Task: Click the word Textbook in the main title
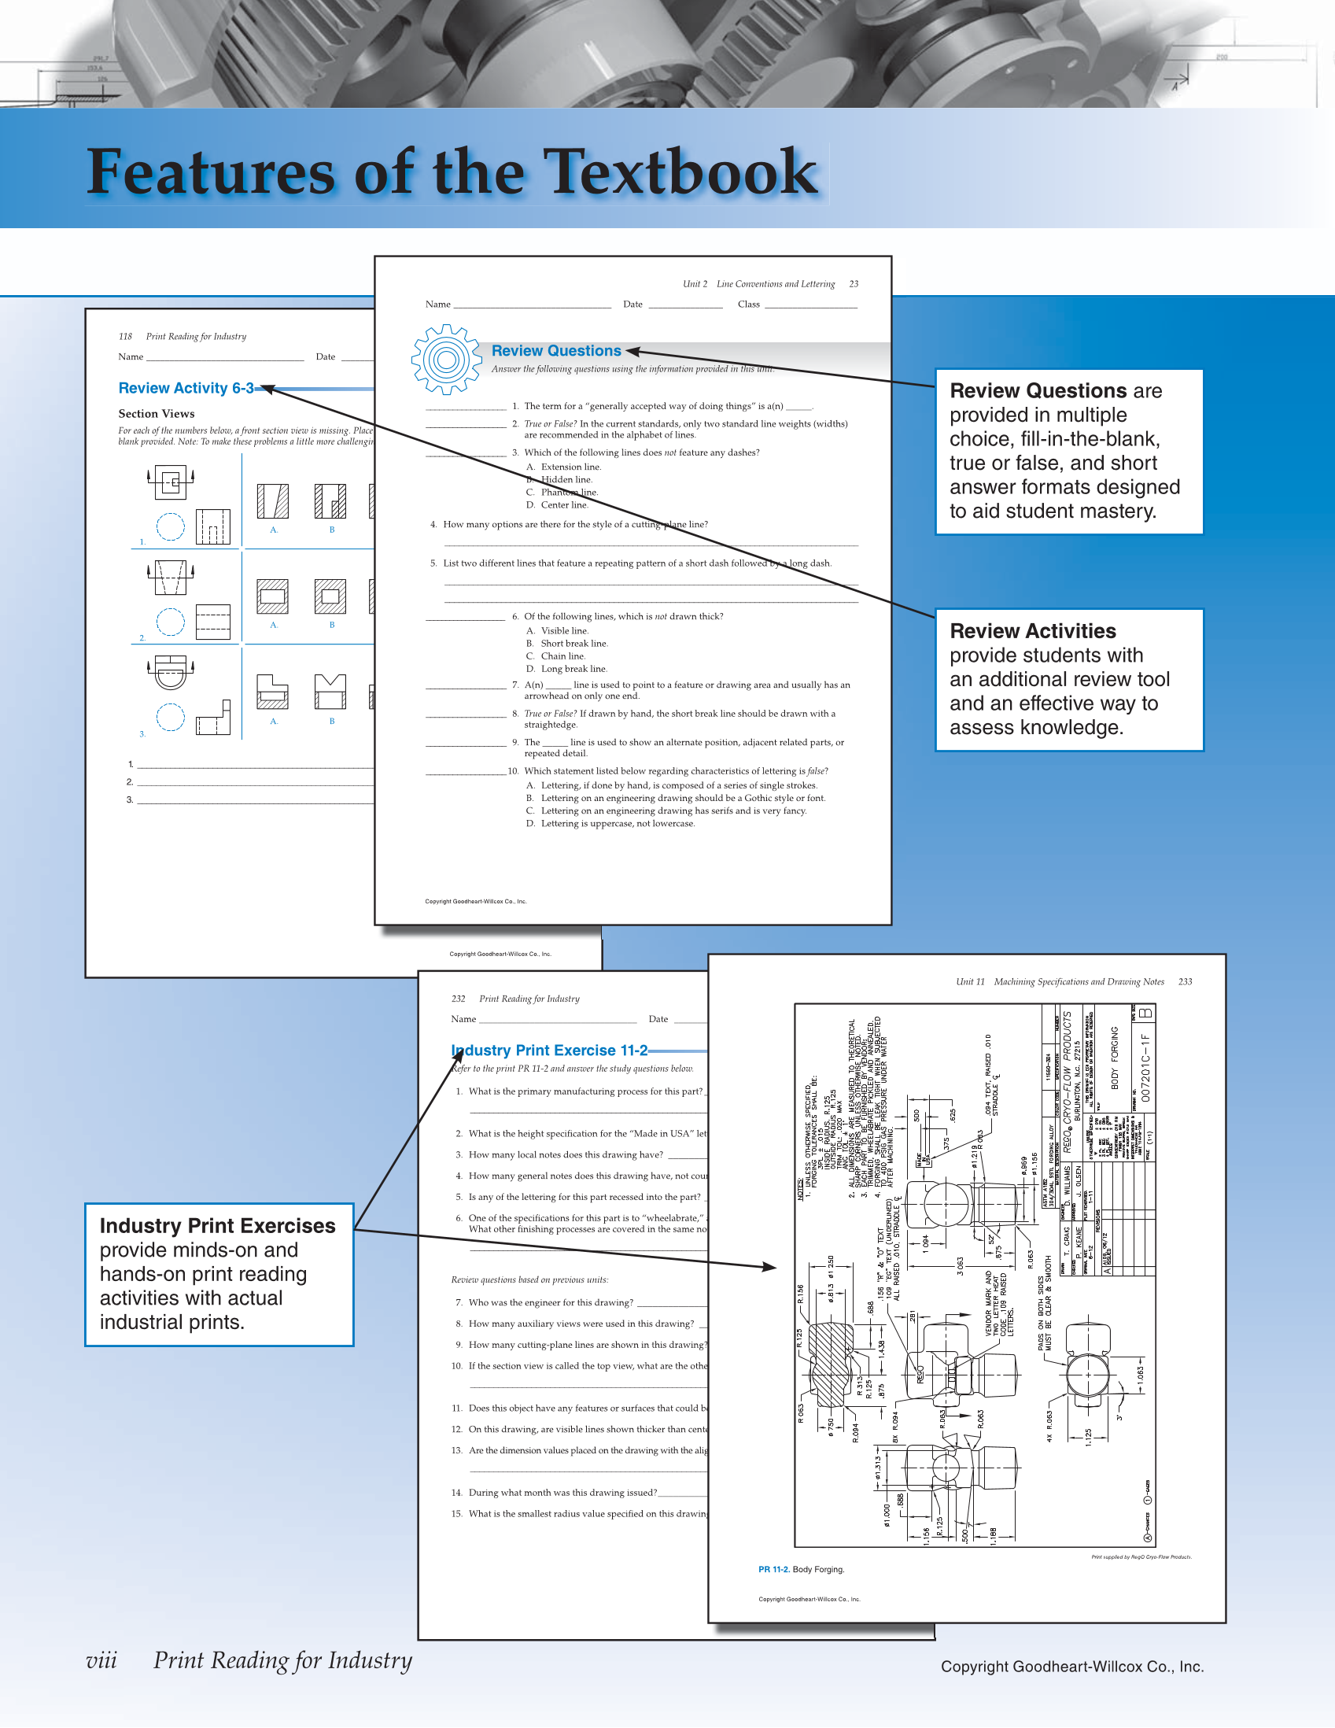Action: tap(682, 172)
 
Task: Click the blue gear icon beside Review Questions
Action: tap(446, 360)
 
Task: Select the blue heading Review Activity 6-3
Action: tap(186, 388)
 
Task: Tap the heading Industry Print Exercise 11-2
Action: tap(550, 1050)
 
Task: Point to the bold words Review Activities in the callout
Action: tap(1032, 630)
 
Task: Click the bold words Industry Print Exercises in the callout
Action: tap(217, 1226)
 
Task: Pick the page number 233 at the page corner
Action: tap(1185, 981)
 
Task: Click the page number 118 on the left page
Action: tap(125, 336)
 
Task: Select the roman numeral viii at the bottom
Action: tap(101, 1660)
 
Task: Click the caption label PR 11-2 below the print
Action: tap(773, 1569)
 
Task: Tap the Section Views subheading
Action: tap(157, 413)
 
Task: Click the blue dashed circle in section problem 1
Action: tap(170, 526)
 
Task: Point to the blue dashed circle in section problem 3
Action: tap(170, 717)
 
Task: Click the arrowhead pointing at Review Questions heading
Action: tap(632, 351)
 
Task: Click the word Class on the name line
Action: tap(748, 304)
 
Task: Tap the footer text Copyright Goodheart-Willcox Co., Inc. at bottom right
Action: tap(1071, 1667)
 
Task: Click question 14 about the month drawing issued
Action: tap(562, 1492)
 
